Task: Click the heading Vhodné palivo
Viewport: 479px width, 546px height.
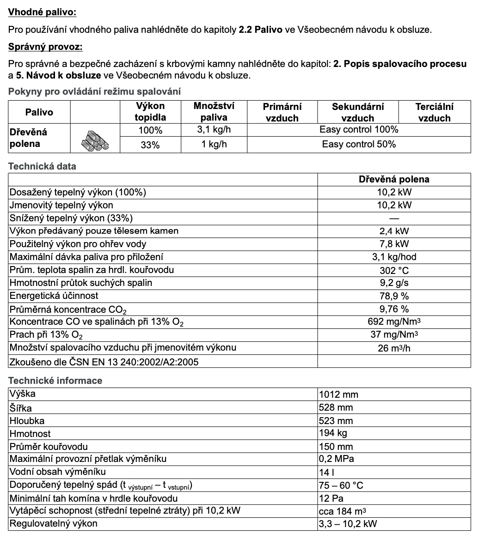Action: tap(43, 12)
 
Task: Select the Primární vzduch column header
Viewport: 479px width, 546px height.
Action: tap(282, 112)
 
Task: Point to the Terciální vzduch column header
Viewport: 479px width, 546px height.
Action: tap(434, 112)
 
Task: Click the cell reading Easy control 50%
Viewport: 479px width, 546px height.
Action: tap(359, 144)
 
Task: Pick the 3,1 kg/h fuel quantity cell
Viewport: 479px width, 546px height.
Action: tap(214, 129)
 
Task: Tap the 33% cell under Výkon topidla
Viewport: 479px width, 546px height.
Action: tap(150, 145)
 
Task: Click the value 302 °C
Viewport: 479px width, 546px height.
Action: tap(394, 270)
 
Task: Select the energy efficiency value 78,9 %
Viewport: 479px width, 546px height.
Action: tap(394, 296)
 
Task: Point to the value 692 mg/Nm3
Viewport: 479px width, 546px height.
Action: tap(394, 322)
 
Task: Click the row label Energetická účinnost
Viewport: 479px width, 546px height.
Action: tap(54, 296)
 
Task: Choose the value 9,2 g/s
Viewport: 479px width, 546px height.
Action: tap(394, 283)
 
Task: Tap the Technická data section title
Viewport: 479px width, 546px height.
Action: tap(42, 166)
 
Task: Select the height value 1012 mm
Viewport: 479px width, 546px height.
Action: tap(338, 394)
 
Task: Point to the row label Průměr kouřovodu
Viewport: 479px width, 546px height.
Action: tap(49, 447)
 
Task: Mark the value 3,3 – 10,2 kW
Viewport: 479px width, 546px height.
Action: tap(348, 524)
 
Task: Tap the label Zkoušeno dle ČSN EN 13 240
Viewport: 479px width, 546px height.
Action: tap(104, 362)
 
